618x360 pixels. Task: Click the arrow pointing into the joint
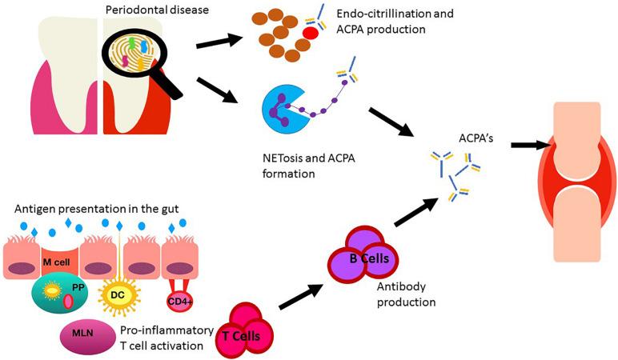(x=532, y=145)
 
